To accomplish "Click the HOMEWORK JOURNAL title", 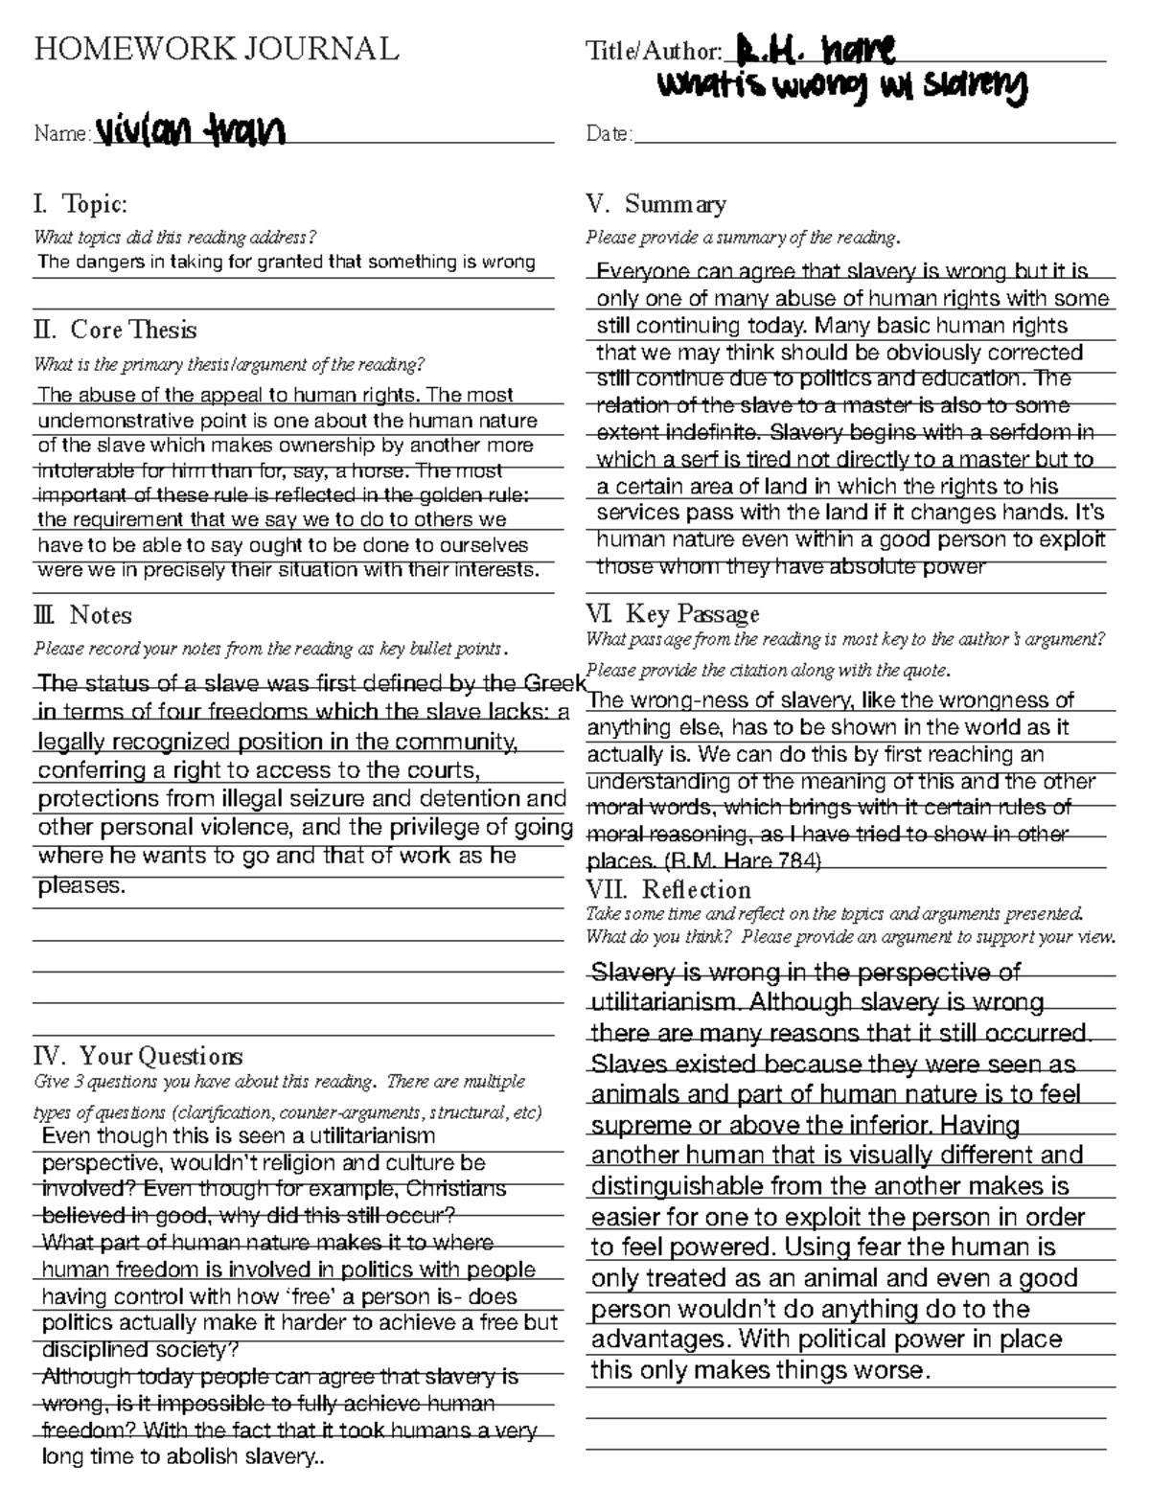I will [x=216, y=49].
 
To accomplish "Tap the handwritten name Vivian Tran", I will [x=190, y=131].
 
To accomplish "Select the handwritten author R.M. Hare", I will [x=815, y=49].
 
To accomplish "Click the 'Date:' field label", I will [x=609, y=134].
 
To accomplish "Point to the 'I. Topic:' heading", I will [x=80, y=204].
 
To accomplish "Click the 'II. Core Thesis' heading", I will [x=115, y=330].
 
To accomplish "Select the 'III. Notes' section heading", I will [x=82, y=615].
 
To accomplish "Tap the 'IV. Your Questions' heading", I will [x=138, y=1057].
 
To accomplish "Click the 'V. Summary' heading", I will [x=655, y=204].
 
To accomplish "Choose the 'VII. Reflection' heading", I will [x=668, y=889].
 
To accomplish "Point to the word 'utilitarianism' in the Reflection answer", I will [x=665, y=1002].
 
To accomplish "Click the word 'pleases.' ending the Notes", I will [x=81, y=885].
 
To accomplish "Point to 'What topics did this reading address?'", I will [x=174, y=238].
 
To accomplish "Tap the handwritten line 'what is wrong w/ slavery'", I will [x=841, y=88].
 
